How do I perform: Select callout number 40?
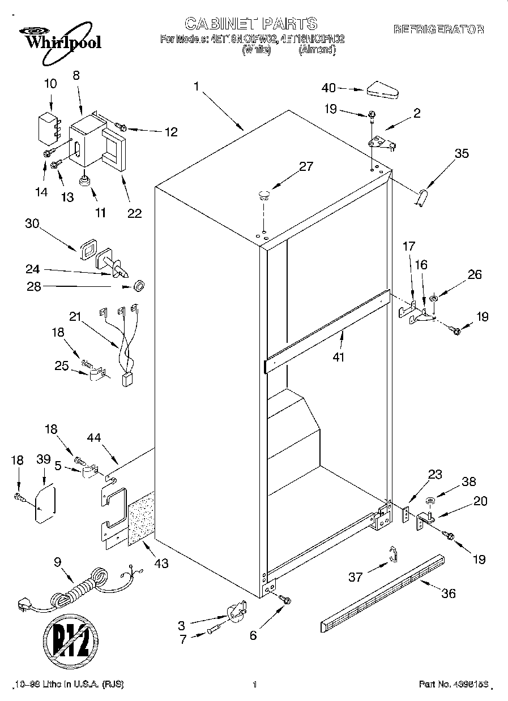(x=328, y=88)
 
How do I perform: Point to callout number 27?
(x=306, y=167)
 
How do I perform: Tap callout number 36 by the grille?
(x=448, y=593)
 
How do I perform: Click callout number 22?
(x=134, y=213)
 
